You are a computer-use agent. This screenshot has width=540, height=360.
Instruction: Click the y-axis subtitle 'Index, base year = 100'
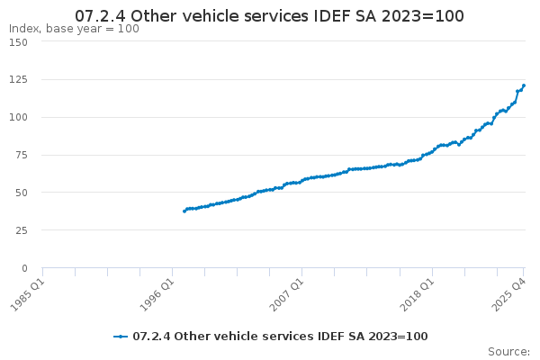coord(74,29)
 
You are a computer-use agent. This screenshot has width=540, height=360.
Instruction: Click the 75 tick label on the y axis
coord(31,155)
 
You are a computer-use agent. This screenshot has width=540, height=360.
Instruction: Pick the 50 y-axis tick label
coord(31,193)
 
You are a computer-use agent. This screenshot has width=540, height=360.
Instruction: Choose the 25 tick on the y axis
coord(31,230)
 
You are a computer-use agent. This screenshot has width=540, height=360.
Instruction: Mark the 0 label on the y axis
coord(33,268)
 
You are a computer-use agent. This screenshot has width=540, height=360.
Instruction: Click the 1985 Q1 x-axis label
coord(27,290)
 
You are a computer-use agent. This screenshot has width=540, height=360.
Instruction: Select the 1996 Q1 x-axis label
coord(157,290)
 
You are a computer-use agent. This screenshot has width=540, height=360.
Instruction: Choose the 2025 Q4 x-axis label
coord(508,290)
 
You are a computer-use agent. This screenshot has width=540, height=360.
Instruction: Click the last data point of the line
coord(524,85)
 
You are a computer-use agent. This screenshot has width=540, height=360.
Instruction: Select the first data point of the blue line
coord(184,211)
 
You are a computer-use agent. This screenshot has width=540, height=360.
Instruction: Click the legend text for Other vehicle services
coord(280,337)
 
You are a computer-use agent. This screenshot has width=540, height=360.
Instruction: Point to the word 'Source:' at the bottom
coord(508,352)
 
